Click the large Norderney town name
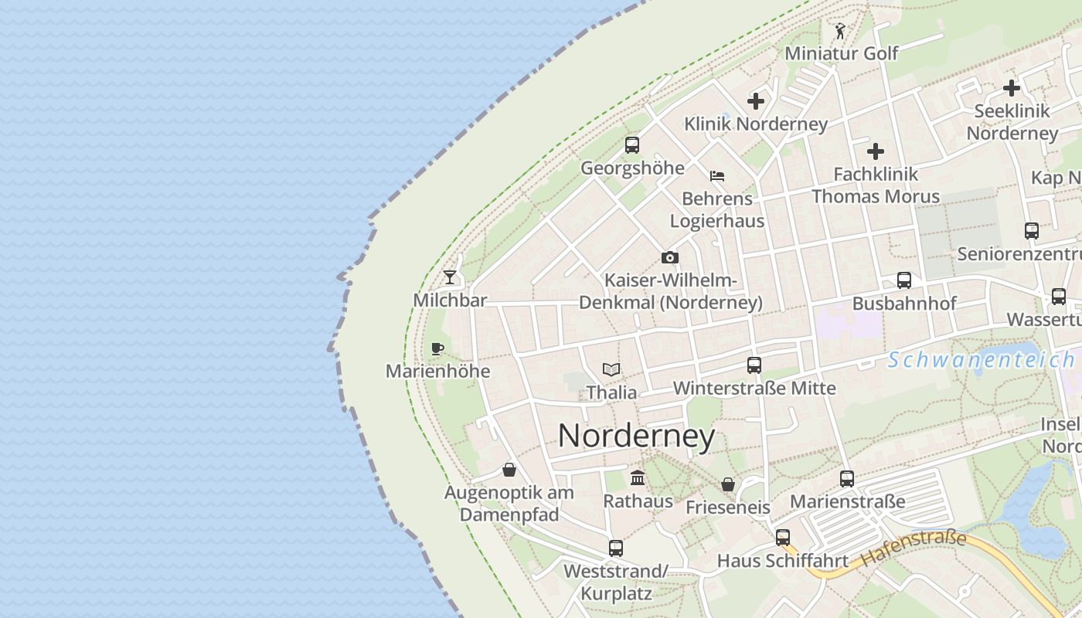pyautogui.click(x=636, y=436)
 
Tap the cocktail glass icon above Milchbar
pyautogui.click(x=450, y=277)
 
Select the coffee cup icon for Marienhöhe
pyautogui.click(x=437, y=348)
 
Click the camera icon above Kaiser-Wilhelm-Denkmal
pyautogui.click(x=670, y=257)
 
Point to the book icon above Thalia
pyautogui.click(x=611, y=369)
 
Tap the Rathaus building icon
pyautogui.click(x=638, y=477)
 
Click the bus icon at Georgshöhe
pyautogui.click(x=632, y=144)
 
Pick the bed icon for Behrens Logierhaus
pyautogui.click(x=717, y=175)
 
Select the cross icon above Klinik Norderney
pyautogui.click(x=756, y=101)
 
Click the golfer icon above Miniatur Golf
pyautogui.click(x=840, y=31)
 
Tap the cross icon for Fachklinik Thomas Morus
pyautogui.click(x=876, y=151)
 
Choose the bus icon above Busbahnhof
pyautogui.click(x=904, y=280)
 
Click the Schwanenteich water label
pyautogui.click(x=981, y=360)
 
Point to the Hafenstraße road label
pyautogui.click(x=914, y=547)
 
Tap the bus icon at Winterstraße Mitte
pyautogui.click(x=754, y=365)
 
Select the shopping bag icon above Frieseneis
pyautogui.click(x=728, y=484)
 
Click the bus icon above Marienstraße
pyautogui.click(x=847, y=479)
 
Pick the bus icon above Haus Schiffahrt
pyautogui.click(x=783, y=538)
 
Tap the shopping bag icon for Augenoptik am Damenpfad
pyautogui.click(x=509, y=469)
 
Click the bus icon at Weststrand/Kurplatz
pyautogui.click(x=616, y=548)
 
